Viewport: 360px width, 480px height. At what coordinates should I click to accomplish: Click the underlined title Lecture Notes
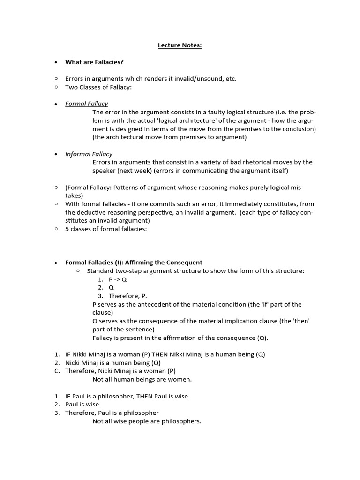[180, 45]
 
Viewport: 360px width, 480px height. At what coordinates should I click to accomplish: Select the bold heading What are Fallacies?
[94, 62]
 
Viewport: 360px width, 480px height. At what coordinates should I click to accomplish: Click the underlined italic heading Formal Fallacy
[86, 104]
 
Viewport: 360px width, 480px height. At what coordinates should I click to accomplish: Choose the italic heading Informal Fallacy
[89, 154]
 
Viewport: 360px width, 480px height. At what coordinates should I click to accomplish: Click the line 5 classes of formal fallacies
[106, 229]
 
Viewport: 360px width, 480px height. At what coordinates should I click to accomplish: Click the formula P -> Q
[118, 279]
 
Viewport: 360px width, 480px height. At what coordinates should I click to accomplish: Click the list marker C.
[57, 371]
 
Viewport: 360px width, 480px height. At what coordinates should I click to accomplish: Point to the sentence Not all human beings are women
[142, 379]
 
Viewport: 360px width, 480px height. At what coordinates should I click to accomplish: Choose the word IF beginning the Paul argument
[69, 396]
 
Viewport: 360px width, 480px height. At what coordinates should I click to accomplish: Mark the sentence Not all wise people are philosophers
[147, 421]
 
